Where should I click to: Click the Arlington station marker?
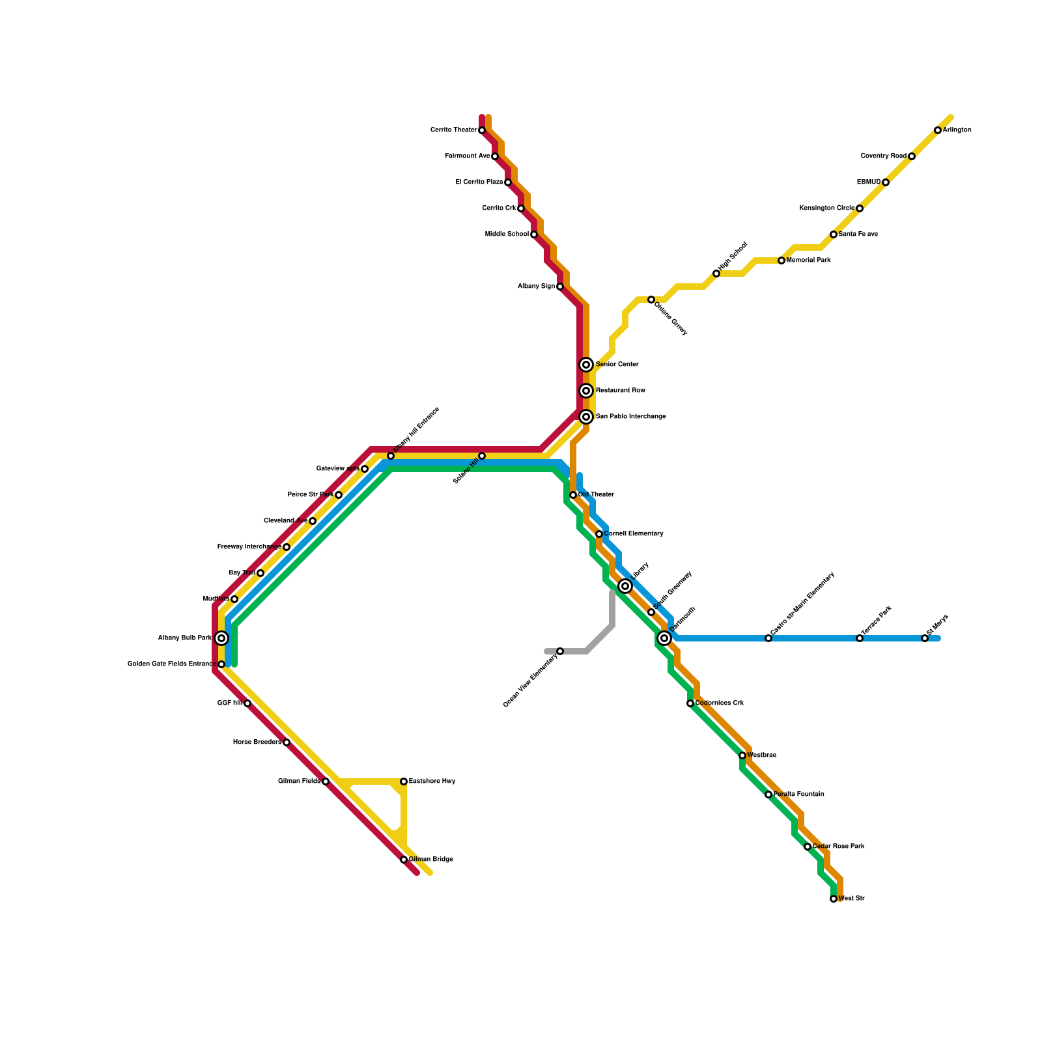coord(938,130)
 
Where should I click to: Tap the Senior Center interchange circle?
coord(586,365)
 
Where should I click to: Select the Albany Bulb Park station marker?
coord(221,638)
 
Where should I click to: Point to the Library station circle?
coord(625,586)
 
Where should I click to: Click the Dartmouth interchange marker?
coord(664,638)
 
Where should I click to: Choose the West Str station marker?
coord(834,899)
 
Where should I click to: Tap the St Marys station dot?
coord(925,638)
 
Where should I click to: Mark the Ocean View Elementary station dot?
coord(560,651)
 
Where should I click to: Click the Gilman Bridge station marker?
coord(404,860)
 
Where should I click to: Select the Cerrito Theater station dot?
coord(482,130)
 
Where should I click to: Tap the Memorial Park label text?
coord(808,260)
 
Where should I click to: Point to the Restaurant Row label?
coord(620,391)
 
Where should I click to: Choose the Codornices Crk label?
coord(719,703)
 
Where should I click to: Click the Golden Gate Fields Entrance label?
coord(171,664)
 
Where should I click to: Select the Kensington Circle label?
coord(826,208)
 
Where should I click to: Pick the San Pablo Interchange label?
coord(630,417)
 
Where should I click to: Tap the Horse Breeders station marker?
coord(287,742)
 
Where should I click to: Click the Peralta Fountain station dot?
coord(768,795)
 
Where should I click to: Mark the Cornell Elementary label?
coord(633,534)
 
